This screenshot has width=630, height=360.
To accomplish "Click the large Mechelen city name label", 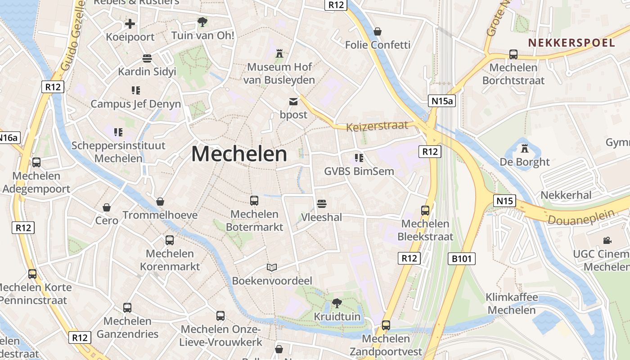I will click(x=239, y=154).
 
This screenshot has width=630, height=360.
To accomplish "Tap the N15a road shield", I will click(x=442, y=101).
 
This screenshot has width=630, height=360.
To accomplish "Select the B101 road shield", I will click(x=462, y=258).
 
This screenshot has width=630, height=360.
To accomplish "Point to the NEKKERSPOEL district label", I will click(x=571, y=43).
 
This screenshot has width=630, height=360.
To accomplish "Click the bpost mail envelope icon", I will click(x=293, y=101).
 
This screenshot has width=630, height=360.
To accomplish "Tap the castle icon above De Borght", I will click(x=524, y=148).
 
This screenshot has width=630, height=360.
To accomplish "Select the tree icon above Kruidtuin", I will click(x=337, y=303).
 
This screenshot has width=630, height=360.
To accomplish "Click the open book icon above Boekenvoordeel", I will click(x=272, y=268).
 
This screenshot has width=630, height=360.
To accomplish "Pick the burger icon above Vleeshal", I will click(x=321, y=204).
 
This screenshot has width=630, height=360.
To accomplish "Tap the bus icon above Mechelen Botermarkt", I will click(x=254, y=200).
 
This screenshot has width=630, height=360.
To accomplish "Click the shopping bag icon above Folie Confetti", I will click(x=378, y=31).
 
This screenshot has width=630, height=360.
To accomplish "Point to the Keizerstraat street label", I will click(x=377, y=126).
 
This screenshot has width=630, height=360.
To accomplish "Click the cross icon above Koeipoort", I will click(x=130, y=23).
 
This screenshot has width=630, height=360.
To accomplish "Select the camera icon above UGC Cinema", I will click(x=607, y=240).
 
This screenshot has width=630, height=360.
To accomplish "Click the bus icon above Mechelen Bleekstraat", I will click(x=425, y=210).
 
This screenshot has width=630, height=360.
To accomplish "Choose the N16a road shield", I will click(x=9, y=138).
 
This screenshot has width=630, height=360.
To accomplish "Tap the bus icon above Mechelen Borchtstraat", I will click(x=513, y=54).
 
